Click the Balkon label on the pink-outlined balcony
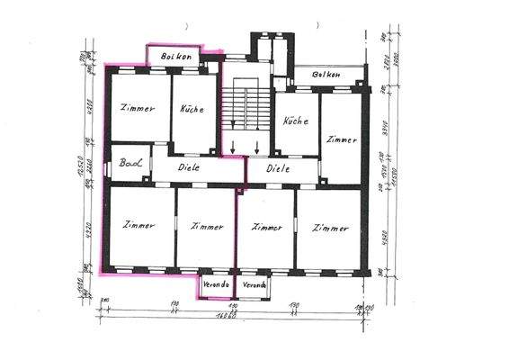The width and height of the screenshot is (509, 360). point(176,56)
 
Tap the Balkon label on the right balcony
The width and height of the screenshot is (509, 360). point(327,75)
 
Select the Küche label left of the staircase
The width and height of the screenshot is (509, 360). point(192,108)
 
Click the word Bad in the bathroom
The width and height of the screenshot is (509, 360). point(131,166)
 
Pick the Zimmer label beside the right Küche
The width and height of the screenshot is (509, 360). point(343,140)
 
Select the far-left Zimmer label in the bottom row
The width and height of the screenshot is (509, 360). point(140,225)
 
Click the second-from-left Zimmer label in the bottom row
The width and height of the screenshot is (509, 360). point(206,227)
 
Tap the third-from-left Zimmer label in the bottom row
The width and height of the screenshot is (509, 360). point(266,227)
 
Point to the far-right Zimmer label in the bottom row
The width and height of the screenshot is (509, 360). point(330,229)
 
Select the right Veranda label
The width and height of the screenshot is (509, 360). point(254,285)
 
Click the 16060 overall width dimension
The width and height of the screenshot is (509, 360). point(227,316)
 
